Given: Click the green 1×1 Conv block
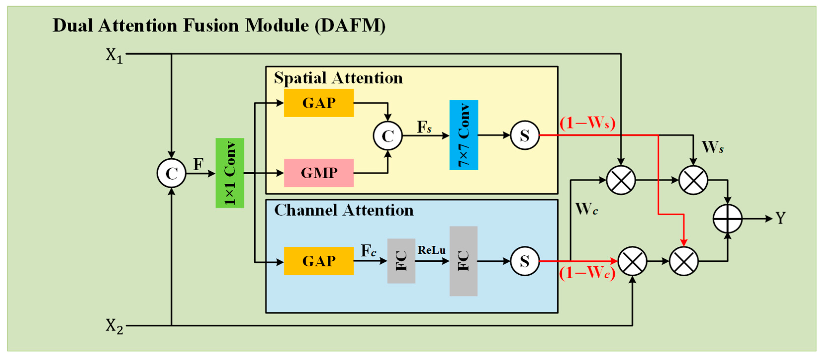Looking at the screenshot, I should pyautogui.click(x=230, y=173).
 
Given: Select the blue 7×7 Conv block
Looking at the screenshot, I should pyautogui.click(x=463, y=135).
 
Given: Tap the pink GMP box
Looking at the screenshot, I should pyautogui.click(x=319, y=173).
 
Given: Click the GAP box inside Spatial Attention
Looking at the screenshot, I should pyautogui.click(x=319, y=103).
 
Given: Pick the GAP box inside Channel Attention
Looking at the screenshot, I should pyautogui.click(x=319, y=261).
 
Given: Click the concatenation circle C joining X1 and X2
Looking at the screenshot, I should pyautogui.click(x=172, y=173).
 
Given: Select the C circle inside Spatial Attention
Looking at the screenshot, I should pyautogui.click(x=388, y=136).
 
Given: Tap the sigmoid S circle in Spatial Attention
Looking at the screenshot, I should pyautogui.click(x=525, y=135).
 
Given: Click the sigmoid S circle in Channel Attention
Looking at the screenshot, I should pyautogui.click(x=525, y=261).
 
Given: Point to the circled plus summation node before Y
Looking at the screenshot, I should pyautogui.click(x=728, y=219).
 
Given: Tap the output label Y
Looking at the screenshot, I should pyautogui.click(x=780, y=218).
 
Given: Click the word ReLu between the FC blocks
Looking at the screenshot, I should pyautogui.click(x=431, y=250).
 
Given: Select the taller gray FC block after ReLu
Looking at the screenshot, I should pyautogui.click(x=463, y=261).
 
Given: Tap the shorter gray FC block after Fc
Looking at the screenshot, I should pyautogui.click(x=401, y=261).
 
